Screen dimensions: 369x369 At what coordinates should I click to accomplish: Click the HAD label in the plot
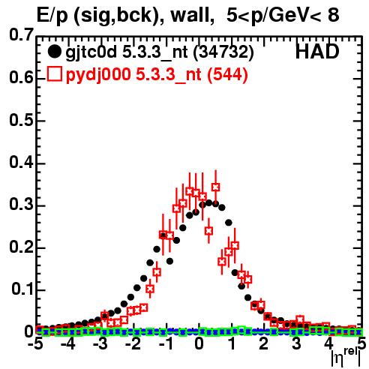[x=317, y=52]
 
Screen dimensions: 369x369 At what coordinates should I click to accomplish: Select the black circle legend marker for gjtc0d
[x=54, y=52]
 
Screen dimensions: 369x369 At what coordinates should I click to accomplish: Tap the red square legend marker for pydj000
[x=54, y=74]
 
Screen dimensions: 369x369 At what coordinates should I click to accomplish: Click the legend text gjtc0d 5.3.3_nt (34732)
[x=160, y=52]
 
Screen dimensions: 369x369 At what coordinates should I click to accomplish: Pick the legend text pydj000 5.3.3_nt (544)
[x=157, y=74]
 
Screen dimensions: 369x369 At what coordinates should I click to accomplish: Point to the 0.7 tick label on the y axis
[x=21, y=34]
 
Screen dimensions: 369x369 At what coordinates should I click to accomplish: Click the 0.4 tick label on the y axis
[x=21, y=162]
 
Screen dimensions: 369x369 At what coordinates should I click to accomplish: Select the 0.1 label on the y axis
[x=22, y=289]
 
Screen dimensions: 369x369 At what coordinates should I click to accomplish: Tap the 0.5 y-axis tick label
[x=21, y=120]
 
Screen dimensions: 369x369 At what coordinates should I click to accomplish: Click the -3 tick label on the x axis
[x=100, y=344]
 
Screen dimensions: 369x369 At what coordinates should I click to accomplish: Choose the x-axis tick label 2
[x=264, y=344]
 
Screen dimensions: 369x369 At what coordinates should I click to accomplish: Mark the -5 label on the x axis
[x=35, y=344]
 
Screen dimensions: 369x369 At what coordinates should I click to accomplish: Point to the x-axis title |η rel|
[x=346, y=358]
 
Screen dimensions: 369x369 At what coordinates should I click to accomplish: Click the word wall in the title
[x=190, y=16]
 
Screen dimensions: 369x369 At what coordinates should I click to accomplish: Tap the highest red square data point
[x=216, y=187]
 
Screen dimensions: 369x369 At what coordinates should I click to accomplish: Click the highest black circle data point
[x=209, y=202]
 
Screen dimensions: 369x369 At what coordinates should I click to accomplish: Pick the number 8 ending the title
[x=333, y=15]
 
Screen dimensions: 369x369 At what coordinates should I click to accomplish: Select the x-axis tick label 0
[x=199, y=344]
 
